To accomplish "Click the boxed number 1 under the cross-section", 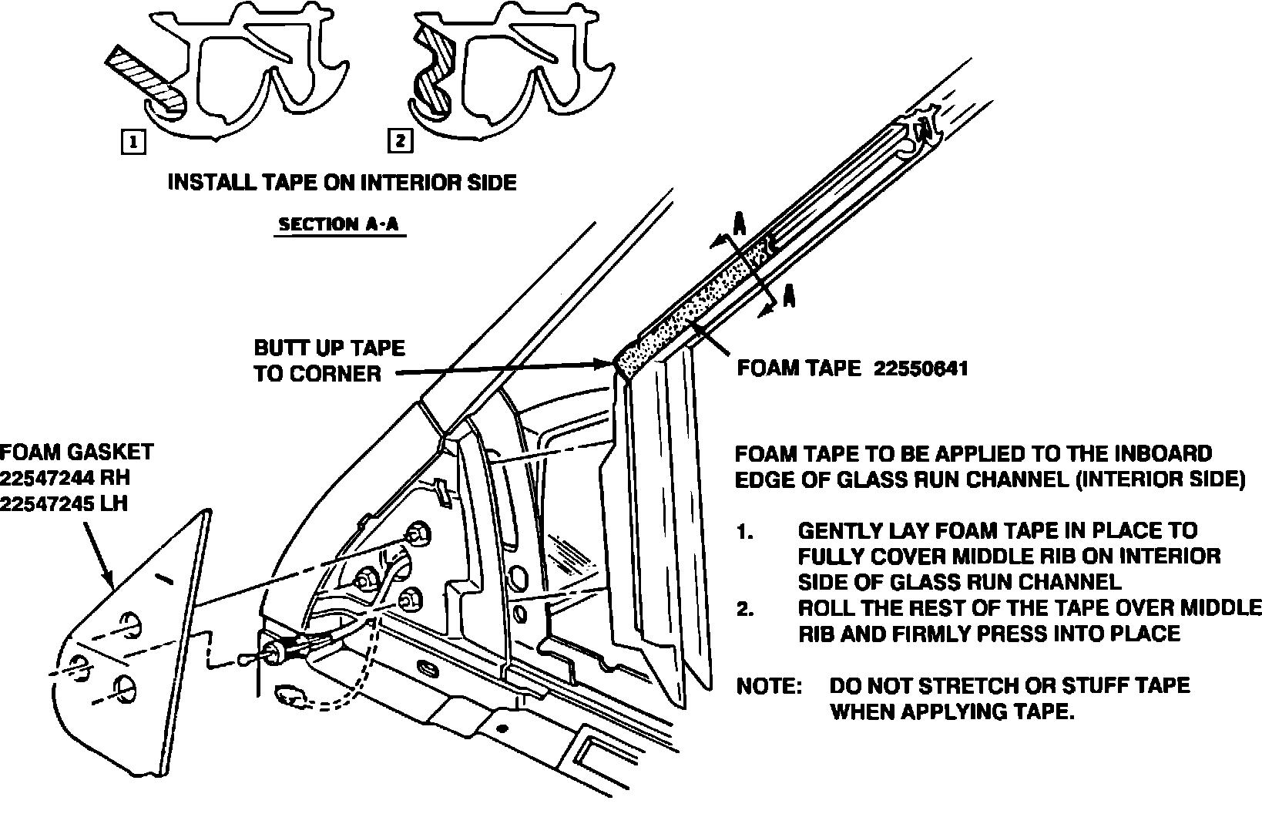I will click(x=133, y=143).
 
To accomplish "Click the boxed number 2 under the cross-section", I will click(x=400, y=142).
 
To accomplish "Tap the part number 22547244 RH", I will click(x=65, y=478).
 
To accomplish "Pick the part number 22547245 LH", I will click(x=64, y=503).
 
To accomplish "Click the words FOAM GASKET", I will click(x=76, y=452).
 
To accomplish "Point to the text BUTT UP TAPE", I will click(x=329, y=348).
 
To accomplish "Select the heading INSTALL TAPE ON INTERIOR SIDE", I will click(x=342, y=183).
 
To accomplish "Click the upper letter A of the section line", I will click(x=738, y=224).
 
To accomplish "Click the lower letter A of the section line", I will click(x=787, y=295).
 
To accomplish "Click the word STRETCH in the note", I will click(x=968, y=685).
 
